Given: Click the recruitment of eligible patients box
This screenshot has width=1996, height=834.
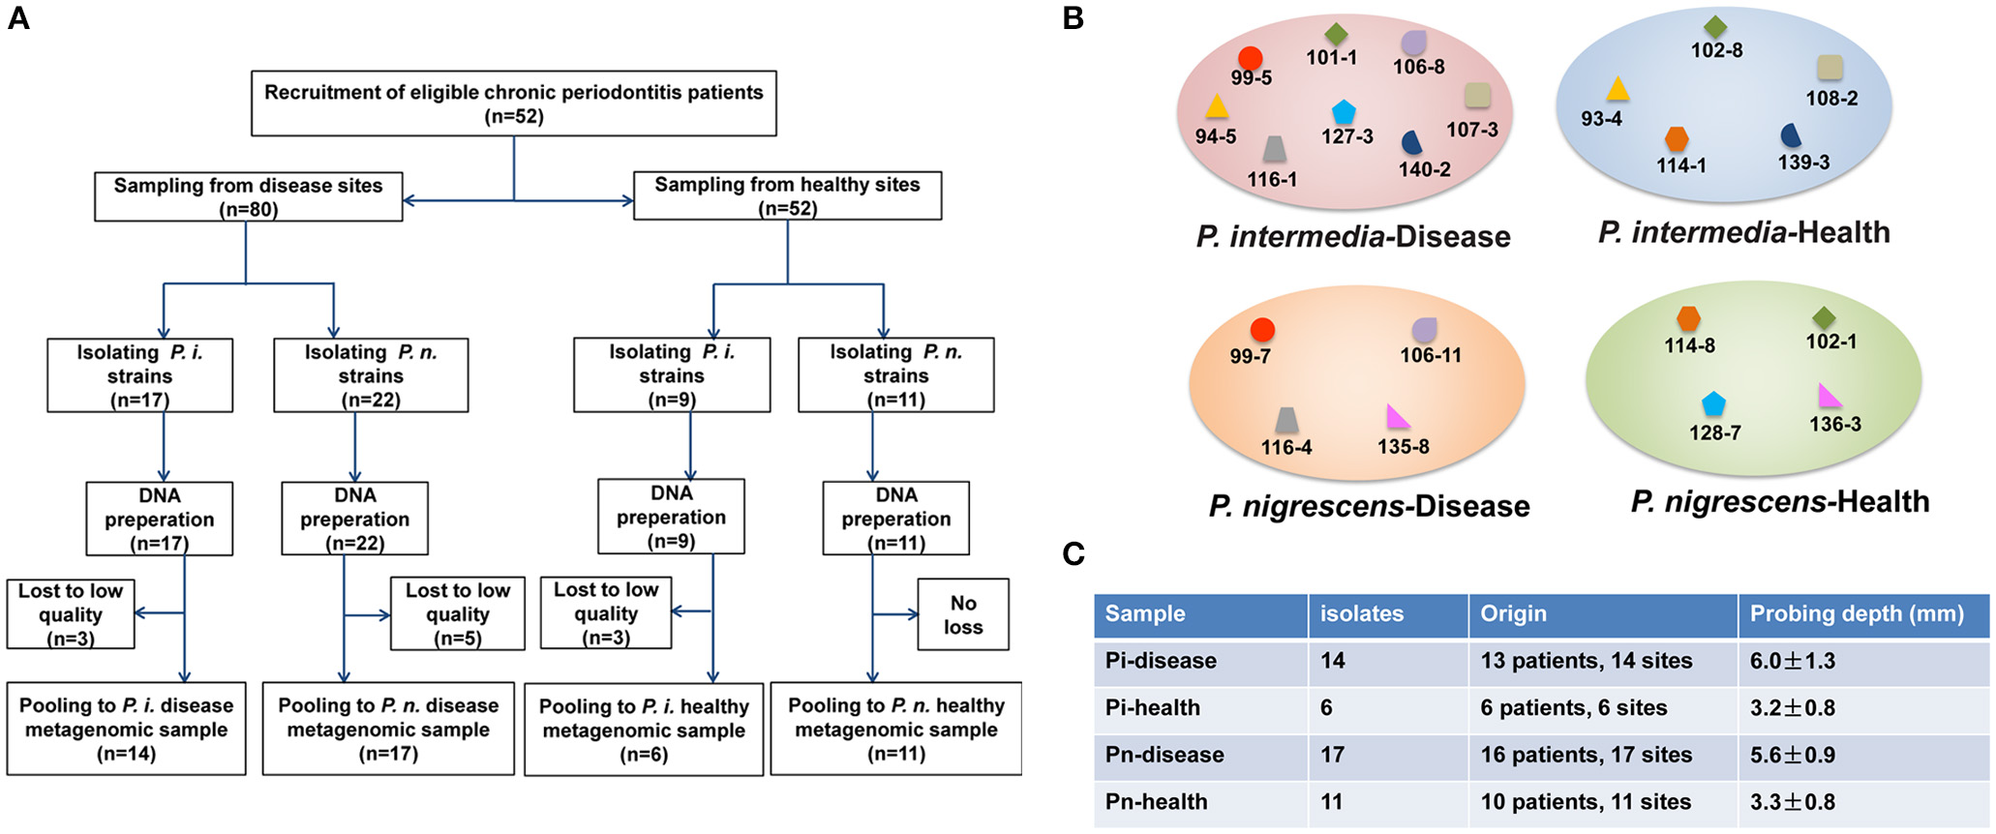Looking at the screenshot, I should pos(513,104).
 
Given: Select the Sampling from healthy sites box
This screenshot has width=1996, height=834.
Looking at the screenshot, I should pos(787,196).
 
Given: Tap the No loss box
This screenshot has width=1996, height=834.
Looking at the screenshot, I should pos(963,614).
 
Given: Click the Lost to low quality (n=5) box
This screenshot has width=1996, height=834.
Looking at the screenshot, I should pos(457,614).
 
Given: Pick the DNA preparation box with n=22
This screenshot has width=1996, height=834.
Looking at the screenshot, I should pos(354,520).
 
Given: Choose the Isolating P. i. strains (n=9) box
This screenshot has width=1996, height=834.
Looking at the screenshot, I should pos(672,375).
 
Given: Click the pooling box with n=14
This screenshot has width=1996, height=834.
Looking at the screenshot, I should pos(126,730).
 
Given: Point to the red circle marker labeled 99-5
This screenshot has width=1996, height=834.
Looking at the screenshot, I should pos(1250,59).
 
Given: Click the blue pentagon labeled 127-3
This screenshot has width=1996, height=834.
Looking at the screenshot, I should pos(1344,112).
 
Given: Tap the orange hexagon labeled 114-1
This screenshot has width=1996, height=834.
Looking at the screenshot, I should pos(1677,138).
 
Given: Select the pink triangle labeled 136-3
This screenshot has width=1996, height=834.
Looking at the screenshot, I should pos(1829,397).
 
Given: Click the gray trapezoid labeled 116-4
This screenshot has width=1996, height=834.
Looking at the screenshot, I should pos(1286,420).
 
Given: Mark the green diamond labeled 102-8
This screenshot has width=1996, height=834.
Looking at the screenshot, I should pos(1715,27).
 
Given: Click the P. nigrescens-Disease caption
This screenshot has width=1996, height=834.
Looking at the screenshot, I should pos(1369,506).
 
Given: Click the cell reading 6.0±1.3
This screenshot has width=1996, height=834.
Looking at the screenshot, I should pos(1792,661).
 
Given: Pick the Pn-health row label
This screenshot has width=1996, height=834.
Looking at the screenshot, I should pos(1156,802).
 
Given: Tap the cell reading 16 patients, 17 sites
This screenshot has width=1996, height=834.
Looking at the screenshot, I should pos(1586,755).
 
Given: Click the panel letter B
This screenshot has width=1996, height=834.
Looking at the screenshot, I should pos(1073,18).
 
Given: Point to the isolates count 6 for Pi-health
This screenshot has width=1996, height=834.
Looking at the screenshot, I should pos(1326,708).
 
